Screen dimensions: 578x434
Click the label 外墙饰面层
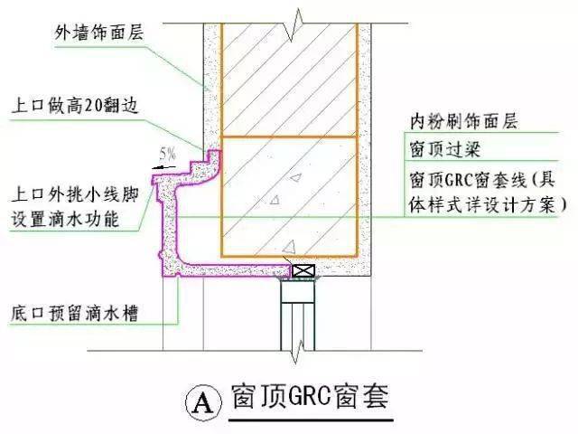(98, 33)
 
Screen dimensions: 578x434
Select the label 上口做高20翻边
(75, 106)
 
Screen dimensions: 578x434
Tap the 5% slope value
(168, 154)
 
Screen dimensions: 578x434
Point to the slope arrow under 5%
(164, 167)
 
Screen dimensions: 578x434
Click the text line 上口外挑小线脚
(76, 194)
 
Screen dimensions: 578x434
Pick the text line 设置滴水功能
(65, 219)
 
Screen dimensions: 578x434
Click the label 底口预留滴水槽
(74, 314)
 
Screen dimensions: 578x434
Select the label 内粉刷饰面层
(464, 121)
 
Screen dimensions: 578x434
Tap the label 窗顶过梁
(445, 149)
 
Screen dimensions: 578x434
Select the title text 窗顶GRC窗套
(311, 397)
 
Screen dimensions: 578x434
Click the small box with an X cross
(303, 271)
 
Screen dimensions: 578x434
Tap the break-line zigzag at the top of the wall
(297, 24)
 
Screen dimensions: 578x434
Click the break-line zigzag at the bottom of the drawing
(298, 351)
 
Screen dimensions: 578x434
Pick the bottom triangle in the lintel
(290, 247)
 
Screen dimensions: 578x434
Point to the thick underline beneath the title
(312, 420)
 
